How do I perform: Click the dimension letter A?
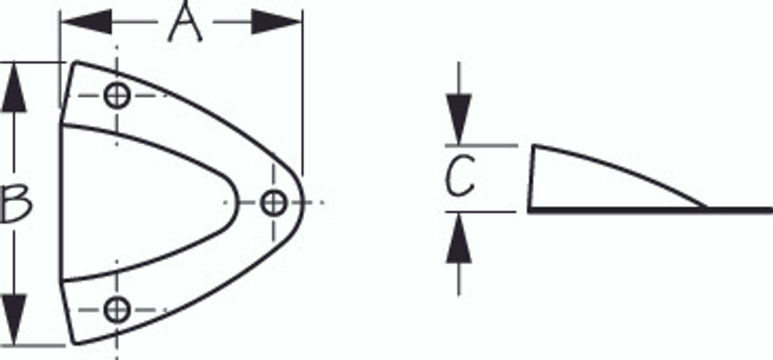point(185,23)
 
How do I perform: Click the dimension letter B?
point(17,204)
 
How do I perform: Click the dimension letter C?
point(460,177)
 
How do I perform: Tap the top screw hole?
point(117,95)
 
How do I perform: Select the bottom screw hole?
point(117,310)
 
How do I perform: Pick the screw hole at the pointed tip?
point(274,202)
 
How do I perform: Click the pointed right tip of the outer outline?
point(301,202)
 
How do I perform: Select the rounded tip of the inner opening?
point(237,202)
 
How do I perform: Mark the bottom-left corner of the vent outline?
point(75,344)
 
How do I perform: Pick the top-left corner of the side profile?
point(533,146)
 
